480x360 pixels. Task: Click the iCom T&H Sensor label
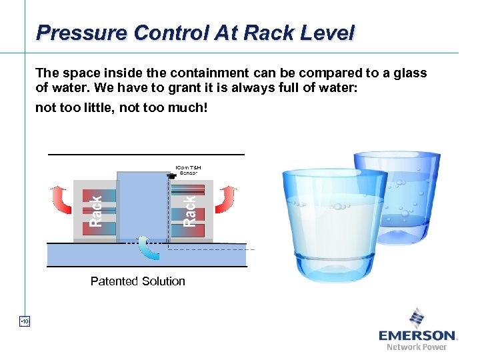click(x=188, y=169)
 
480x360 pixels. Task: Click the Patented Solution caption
click(x=138, y=281)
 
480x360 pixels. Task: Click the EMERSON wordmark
click(x=417, y=335)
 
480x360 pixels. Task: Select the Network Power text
click(x=417, y=347)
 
